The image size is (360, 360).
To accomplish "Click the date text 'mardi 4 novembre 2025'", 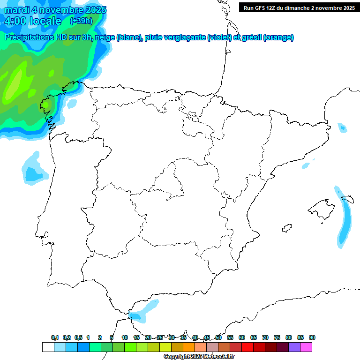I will click(55, 10).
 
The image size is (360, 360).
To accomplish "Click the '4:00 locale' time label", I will click(33, 21).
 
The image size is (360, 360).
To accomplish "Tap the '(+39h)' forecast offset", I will click(81, 21).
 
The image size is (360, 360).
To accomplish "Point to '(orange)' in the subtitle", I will click(278, 37).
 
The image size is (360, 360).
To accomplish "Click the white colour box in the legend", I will click(48, 347).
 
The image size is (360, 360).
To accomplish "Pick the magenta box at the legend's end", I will click(306, 347).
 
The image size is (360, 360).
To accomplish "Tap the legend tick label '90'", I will click(312, 337).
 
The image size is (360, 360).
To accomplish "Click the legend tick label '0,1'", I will click(55, 337).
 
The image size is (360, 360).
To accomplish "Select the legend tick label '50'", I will click(218, 337).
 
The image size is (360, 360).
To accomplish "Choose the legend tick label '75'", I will click(277, 337).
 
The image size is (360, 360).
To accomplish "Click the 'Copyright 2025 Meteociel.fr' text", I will click(199, 357).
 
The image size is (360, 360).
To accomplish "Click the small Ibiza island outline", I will click(286, 228).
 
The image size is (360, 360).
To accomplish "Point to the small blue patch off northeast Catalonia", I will click(342, 127).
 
